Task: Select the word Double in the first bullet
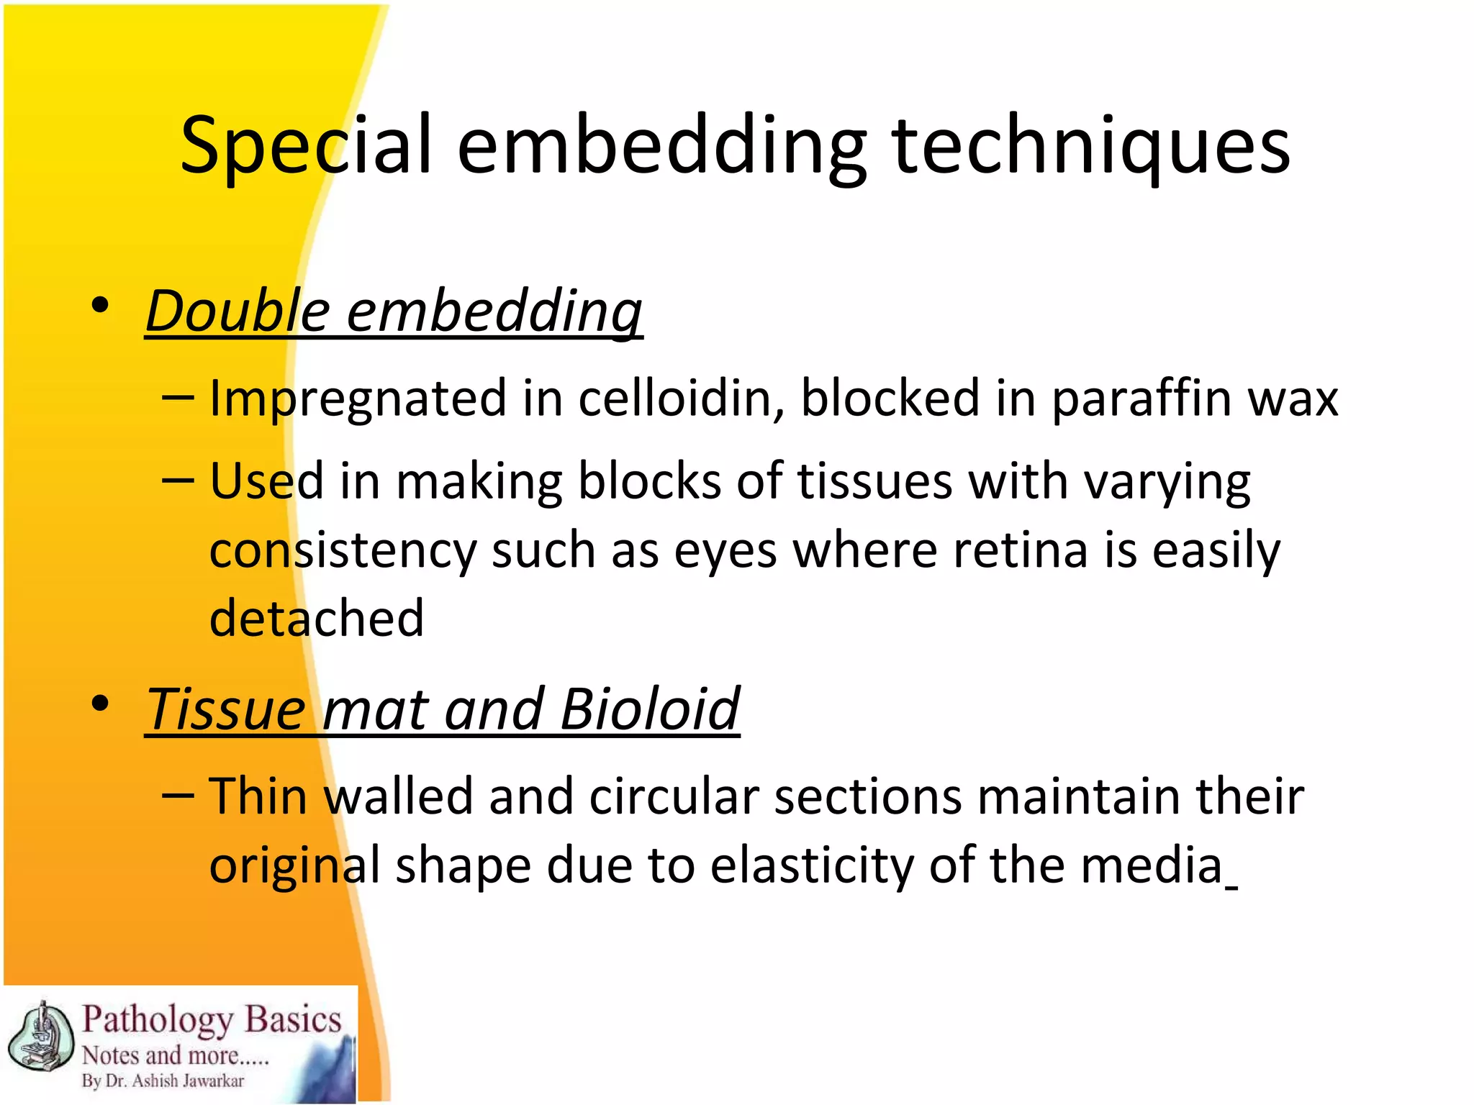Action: (x=238, y=312)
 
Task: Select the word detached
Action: (x=317, y=618)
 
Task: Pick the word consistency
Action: (x=343, y=550)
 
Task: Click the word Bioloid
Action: (x=650, y=709)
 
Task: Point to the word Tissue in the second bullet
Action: (x=226, y=709)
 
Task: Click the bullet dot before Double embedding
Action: (x=101, y=306)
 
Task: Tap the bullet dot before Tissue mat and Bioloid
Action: (x=101, y=704)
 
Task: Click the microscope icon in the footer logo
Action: (x=41, y=1037)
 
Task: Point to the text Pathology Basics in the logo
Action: (x=212, y=1020)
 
